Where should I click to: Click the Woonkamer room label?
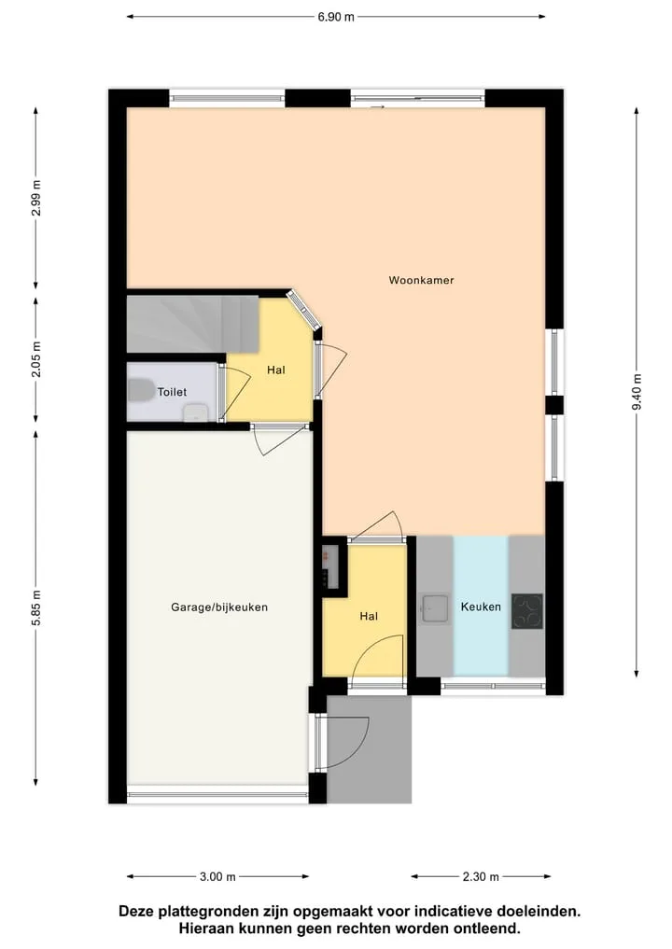[421, 280]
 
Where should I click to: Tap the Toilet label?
[172, 392]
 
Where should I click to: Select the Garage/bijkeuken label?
[219, 607]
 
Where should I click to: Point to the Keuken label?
[481, 607]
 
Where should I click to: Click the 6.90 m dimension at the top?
[336, 17]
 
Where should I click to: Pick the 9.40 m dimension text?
[637, 392]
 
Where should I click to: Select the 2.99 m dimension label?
[36, 199]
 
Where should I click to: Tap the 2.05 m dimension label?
[36, 359]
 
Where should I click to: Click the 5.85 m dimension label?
[36, 608]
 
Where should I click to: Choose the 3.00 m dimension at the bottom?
[217, 876]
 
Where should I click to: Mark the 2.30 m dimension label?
[481, 876]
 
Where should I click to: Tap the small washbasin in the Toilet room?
[196, 413]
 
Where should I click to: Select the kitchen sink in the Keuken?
[435, 608]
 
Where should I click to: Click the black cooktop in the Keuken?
[527, 611]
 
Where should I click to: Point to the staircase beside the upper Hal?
[192, 324]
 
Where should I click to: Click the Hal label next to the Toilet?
[276, 370]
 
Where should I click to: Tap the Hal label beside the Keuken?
[369, 616]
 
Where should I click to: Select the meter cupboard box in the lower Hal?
[329, 566]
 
